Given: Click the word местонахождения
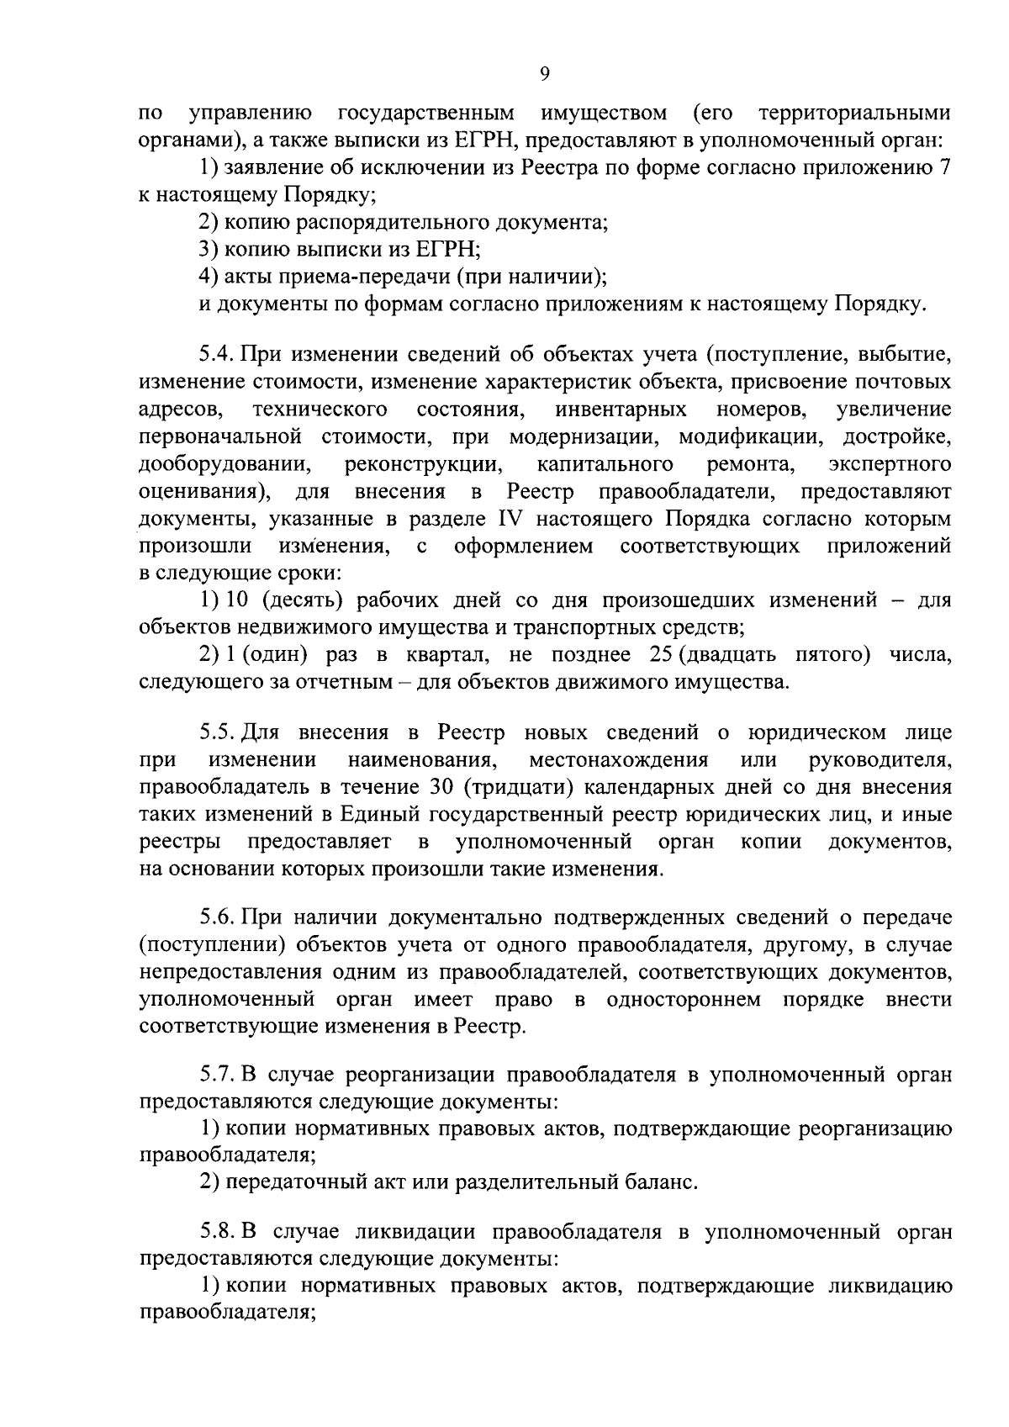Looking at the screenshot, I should coord(618,760).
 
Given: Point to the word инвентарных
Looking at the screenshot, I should coord(621,410).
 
